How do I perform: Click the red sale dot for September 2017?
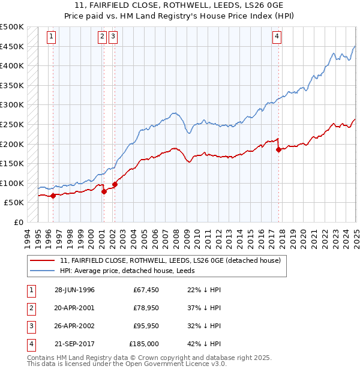pos(278,150)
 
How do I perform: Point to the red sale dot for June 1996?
pos(53,196)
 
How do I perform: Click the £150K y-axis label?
pos(12,163)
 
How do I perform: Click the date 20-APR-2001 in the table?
pos(74,308)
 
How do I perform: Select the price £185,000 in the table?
pos(144,344)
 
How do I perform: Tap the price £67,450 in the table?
pos(146,290)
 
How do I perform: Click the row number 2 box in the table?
pos(30,308)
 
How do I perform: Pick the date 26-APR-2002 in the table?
pos(74,326)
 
